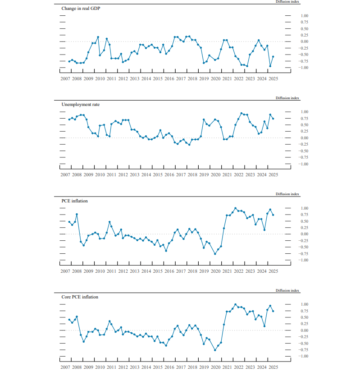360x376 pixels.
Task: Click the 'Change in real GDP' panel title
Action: [x=80, y=8]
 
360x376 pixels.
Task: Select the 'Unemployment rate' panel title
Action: [x=80, y=105]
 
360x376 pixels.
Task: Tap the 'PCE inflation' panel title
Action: [x=74, y=201]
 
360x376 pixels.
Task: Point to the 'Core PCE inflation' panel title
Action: [x=80, y=297]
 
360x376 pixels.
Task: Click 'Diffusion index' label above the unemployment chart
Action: [x=287, y=98]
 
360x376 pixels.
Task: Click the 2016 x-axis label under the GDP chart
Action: [x=169, y=78]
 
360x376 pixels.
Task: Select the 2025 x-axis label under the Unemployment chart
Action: [x=273, y=175]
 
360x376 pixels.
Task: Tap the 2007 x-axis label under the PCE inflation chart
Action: [x=65, y=271]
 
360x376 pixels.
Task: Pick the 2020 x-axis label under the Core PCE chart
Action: [x=216, y=367]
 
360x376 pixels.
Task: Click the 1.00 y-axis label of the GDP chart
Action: [x=304, y=16]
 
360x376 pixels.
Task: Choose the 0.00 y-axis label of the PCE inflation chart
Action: [x=304, y=234]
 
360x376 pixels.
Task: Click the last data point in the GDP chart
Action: [x=273, y=56]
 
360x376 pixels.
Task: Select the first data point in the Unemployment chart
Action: [x=69, y=119]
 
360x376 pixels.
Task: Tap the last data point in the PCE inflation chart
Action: [x=273, y=215]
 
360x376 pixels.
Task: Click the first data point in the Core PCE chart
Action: [x=69, y=320]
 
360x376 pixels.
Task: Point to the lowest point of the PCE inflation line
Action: [x=215, y=254]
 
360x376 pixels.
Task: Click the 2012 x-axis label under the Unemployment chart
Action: [x=123, y=175]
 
